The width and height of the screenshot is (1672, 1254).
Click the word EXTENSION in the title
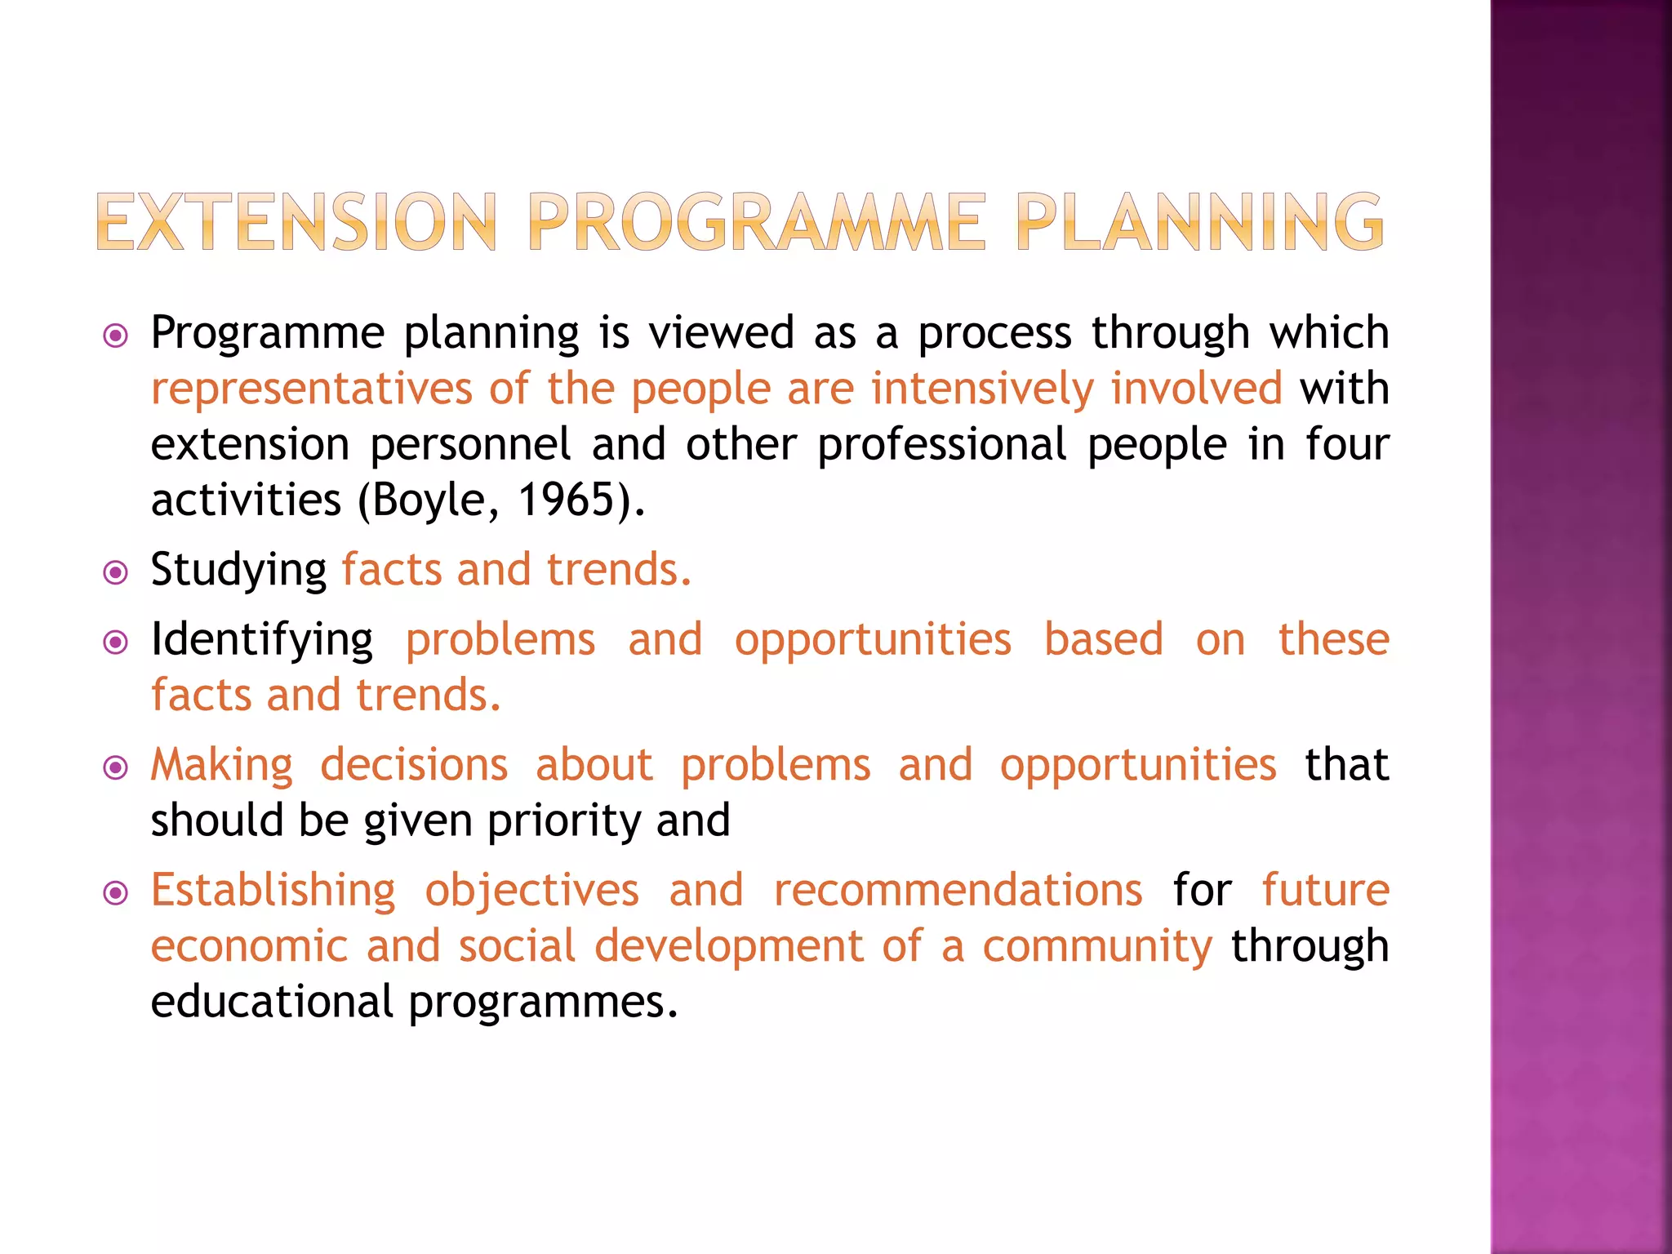click(x=296, y=222)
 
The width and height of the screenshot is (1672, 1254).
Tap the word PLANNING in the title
click(x=1199, y=222)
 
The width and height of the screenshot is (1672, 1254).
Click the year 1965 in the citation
click(x=565, y=500)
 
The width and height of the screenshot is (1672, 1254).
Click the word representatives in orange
click(x=311, y=389)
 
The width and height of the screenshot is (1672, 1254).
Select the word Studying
click(x=238, y=570)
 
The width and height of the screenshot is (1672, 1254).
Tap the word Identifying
click(x=262, y=640)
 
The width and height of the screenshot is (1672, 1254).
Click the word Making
click(x=221, y=766)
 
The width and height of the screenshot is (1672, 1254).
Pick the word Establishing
click(x=273, y=891)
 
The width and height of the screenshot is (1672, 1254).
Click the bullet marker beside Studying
click(x=116, y=573)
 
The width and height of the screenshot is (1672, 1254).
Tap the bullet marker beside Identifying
click(x=116, y=643)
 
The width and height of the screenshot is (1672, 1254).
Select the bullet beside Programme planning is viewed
click(x=116, y=336)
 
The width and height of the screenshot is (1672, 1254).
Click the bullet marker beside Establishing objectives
click(x=116, y=894)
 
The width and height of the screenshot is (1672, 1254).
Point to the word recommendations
click(x=958, y=891)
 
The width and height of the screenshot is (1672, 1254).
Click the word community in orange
click(x=1097, y=947)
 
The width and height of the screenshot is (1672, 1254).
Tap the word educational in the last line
click(x=272, y=1002)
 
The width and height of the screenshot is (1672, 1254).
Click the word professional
click(x=941, y=445)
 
